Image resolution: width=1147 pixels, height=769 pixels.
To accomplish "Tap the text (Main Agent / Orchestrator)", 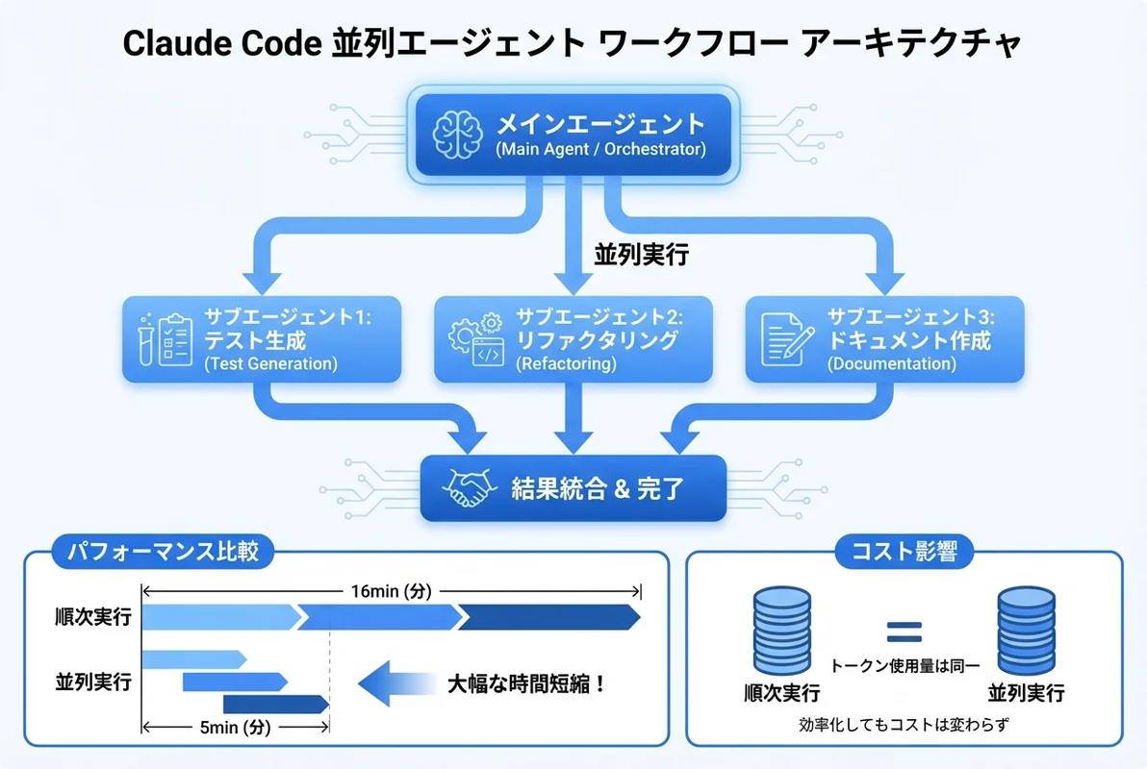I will tap(600, 150).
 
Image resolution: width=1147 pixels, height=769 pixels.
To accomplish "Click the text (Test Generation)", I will tap(270, 364).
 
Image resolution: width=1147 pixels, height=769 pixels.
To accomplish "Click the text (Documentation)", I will tap(891, 364).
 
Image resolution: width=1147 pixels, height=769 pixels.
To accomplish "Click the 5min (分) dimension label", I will tap(235, 728).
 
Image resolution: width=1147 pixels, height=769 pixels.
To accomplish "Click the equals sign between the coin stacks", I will tap(903, 632).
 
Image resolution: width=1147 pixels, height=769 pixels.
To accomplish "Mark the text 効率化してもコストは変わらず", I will tap(903, 723).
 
